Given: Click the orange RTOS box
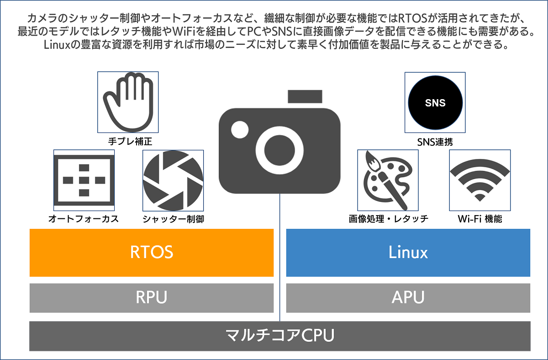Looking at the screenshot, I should pos(152,253).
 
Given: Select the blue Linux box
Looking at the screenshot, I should pos(408,253).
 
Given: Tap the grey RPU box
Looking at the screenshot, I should pos(152,298).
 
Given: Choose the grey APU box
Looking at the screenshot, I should pos(408,298).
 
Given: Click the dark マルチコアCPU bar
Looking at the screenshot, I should pos(280,336).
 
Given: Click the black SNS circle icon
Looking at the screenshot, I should pos(435,103).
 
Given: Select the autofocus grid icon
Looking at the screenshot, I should pos(84,180).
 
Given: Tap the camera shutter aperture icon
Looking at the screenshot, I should pos(173,180).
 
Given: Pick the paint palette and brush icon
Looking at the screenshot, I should pos(387,180).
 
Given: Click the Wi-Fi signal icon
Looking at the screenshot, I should pos(479,180).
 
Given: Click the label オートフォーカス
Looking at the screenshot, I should pos(84,219).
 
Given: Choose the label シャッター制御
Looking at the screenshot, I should pos(173,219).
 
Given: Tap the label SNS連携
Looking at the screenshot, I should pos(435,141).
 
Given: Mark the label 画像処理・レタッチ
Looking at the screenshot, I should pos(388,219).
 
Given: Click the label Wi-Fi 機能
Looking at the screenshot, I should pos(479,219).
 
